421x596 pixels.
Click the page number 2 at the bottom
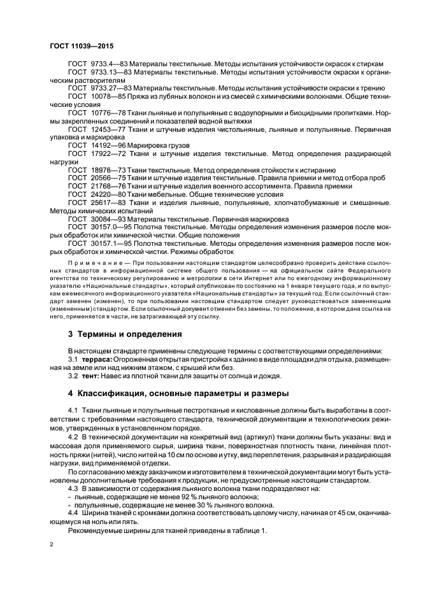pos(52,546)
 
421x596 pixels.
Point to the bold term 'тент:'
pos(93,375)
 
